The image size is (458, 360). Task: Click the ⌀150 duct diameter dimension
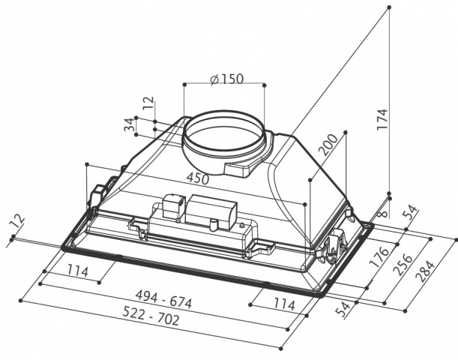[x=226, y=79]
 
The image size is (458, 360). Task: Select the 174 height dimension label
[x=382, y=119]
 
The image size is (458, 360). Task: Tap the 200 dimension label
[x=328, y=144]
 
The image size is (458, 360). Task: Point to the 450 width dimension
[x=198, y=178]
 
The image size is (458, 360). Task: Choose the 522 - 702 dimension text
[x=151, y=316]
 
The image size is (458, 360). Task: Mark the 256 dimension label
[x=403, y=265]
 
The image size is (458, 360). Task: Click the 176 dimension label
[x=379, y=257]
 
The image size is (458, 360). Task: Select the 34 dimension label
[x=130, y=124]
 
